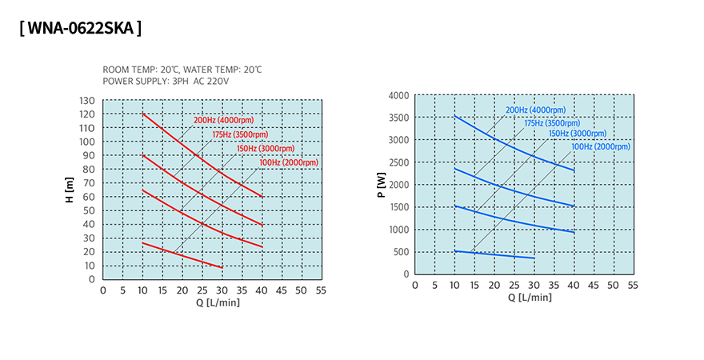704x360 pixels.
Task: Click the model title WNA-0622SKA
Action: pos(80,29)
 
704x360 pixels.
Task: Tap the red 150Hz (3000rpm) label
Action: pos(265,149)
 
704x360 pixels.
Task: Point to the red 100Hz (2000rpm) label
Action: pos(288,162)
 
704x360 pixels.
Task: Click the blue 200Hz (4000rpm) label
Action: pos(535,110)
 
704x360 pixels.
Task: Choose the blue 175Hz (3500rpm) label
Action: pos(552,123)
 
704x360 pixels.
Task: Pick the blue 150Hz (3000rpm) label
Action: pos(576,134)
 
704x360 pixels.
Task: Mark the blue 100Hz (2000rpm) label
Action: pos(600,146)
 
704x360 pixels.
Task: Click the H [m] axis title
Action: pos(70,190)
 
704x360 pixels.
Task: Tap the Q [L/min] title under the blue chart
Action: pos(530,298)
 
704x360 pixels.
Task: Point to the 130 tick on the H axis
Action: pos(87,101)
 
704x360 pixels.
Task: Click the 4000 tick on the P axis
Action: pos(399,95)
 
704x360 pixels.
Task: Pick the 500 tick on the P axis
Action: pos(402,252)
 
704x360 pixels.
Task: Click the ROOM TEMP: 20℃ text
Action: pos(137,70)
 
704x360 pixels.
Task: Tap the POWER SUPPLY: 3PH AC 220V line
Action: pos(166,82)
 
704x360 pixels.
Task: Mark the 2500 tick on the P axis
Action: pos(399,162)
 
